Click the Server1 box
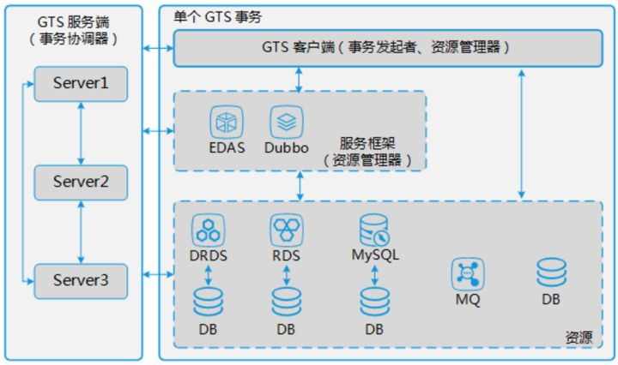[81, 85]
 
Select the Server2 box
[81, 182]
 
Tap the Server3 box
[81, 279]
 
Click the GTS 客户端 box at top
[386, 48]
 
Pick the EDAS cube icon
[225, 121]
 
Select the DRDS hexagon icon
[208, 229]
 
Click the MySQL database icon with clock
[375, 229]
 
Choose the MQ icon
[468, 274]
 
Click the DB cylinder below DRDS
[208, 301]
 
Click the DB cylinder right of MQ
[551, 272]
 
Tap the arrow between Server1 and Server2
[81, 133]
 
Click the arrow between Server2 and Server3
[81, 230]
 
